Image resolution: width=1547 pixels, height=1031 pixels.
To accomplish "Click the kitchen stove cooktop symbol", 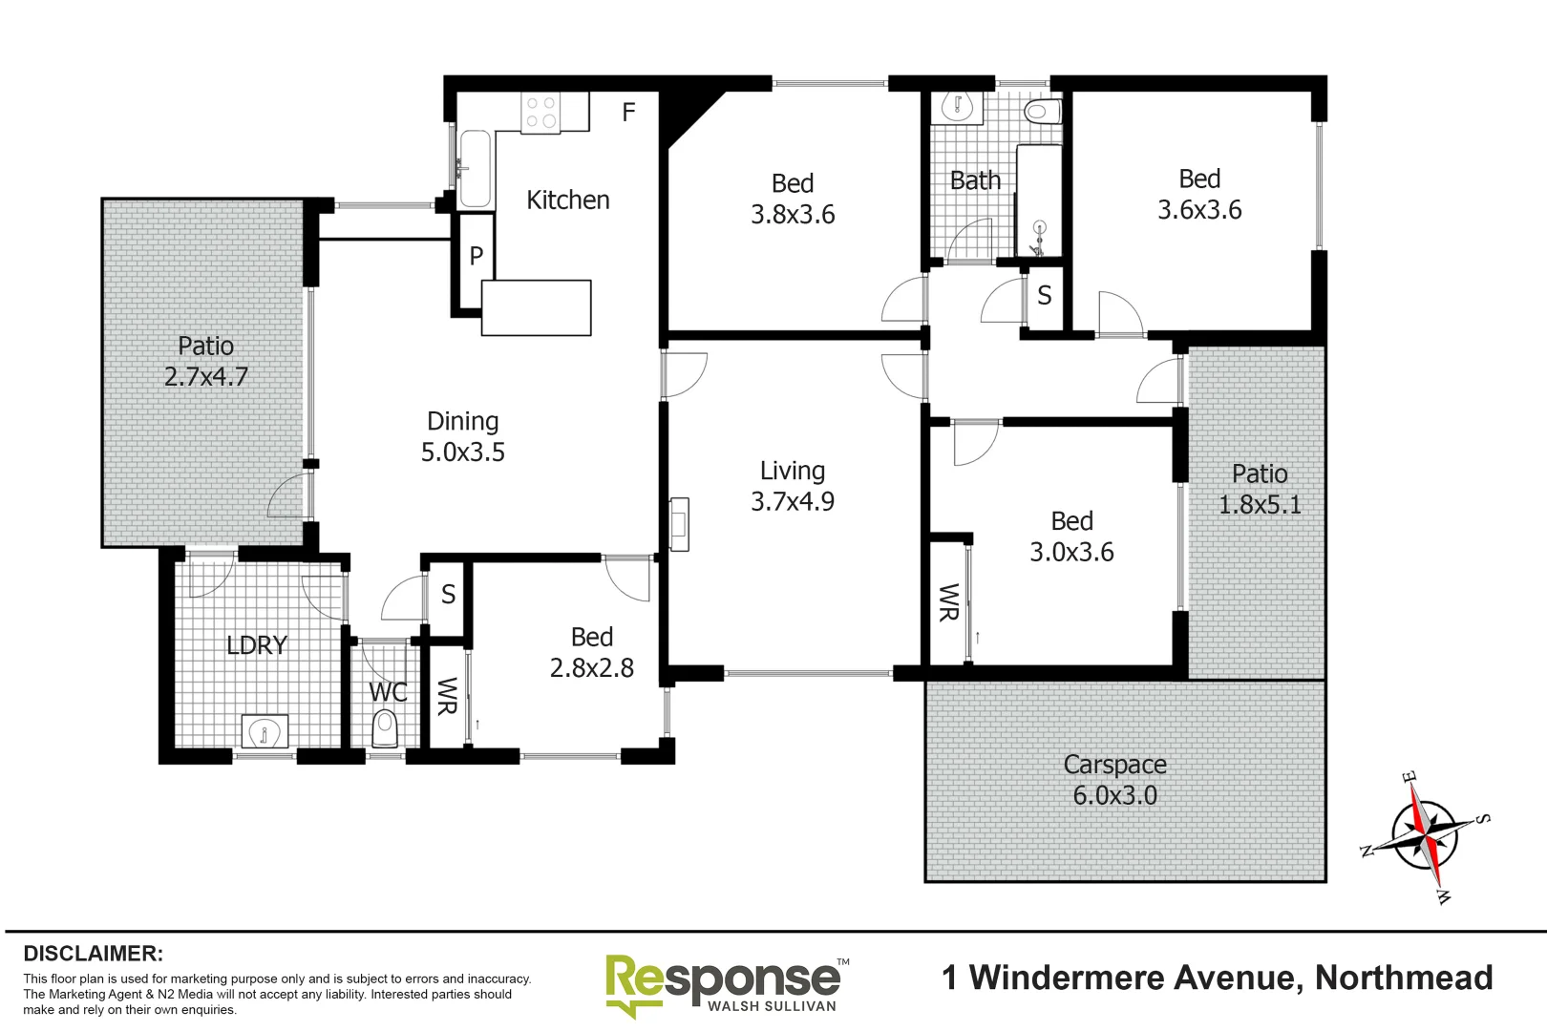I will (541, 113).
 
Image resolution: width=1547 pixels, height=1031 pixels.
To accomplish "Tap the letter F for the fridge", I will (628, 113).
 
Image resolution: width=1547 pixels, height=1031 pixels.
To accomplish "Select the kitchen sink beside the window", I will (475, 169).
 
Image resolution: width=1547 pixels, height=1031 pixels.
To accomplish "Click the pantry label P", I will (476, 256).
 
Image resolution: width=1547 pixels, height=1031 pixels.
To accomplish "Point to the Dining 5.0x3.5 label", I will (463, 436).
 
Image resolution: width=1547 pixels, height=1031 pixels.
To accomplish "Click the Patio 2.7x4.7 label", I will (205, 361).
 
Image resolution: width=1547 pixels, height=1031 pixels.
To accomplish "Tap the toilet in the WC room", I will (385, 728).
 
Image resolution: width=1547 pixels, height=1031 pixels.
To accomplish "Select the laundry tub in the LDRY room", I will (265, 731).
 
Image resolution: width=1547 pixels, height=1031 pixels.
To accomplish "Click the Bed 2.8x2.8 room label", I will (592, 652).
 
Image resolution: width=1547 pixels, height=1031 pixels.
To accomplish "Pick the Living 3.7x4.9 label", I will (793, 486).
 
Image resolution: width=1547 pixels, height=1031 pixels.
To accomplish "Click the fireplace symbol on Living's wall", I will (679, 524).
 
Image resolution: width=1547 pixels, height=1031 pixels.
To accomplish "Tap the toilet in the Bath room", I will (1042, 112).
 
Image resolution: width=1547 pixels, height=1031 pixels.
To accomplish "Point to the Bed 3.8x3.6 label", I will (793, 199).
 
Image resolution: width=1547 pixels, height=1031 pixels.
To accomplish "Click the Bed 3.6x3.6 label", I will (1199, 194).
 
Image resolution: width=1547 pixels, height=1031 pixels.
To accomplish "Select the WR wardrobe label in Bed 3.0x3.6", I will (948, 602).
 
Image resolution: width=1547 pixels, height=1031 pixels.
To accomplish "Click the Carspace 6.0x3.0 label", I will (1114, 780).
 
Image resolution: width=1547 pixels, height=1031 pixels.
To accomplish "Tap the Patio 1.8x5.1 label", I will (1260, 489).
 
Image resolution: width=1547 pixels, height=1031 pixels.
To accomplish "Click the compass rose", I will (1425, 835).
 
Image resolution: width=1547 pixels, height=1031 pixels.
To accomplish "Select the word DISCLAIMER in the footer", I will (93, 954).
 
